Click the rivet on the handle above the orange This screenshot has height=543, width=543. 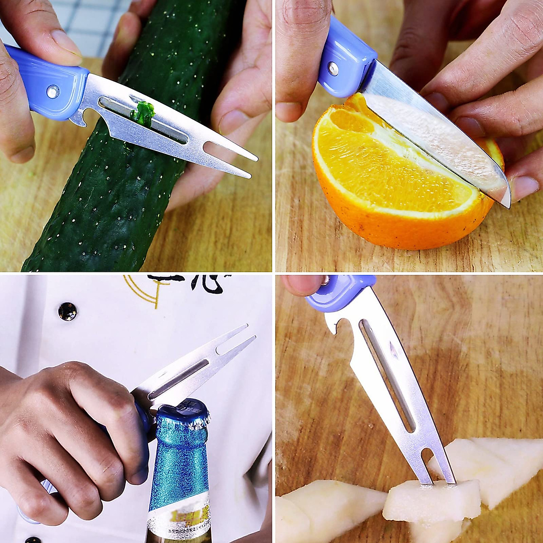[333, 68]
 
